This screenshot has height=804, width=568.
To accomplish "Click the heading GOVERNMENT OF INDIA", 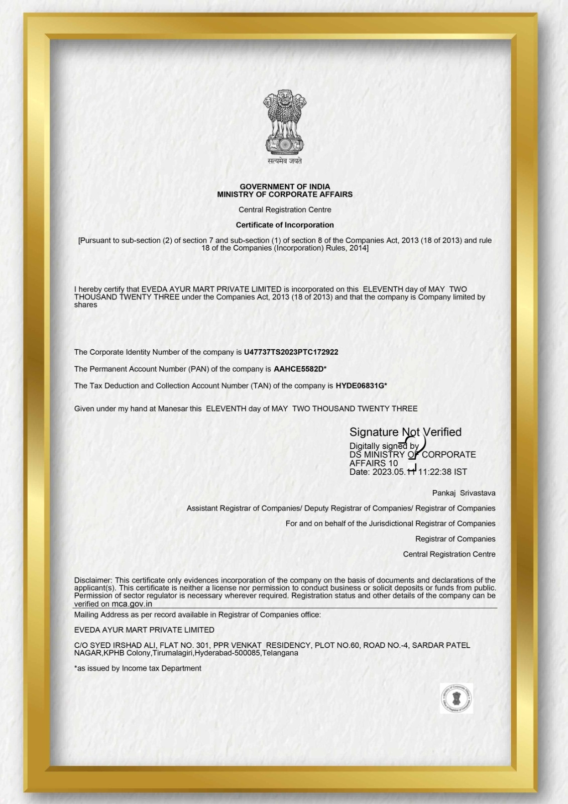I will [285, 186].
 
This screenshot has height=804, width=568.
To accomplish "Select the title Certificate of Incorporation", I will [285, 225].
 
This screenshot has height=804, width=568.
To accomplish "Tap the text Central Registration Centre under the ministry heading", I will [285, 210].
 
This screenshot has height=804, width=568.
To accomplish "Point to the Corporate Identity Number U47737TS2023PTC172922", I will [291, 352].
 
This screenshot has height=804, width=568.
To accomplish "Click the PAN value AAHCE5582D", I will [299, 369].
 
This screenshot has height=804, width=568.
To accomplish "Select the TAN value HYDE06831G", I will [360, 386].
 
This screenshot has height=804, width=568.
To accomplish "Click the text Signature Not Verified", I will [405, 432].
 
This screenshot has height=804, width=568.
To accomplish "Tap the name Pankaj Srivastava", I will [464, 493].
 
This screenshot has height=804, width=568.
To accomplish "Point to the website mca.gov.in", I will [132, 604].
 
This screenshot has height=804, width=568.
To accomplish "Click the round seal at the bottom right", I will [457, 698].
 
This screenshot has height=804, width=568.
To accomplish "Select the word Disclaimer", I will [93, 580].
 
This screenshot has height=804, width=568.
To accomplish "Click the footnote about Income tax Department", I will [138, 668].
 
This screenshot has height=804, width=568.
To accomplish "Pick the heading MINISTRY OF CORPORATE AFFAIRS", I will [285, 194].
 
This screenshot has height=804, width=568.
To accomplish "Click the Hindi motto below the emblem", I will [285, 161].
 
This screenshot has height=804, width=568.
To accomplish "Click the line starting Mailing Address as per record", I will [197, 615].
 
